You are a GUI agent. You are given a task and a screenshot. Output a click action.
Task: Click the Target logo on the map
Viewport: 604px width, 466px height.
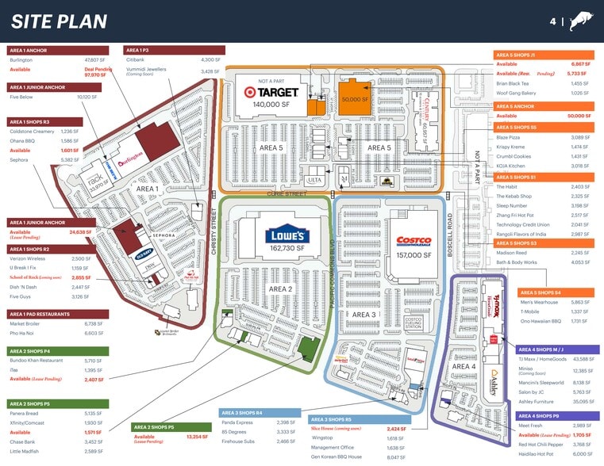(271, 92)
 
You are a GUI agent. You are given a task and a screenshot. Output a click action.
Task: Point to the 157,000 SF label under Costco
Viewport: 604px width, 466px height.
(413, 255)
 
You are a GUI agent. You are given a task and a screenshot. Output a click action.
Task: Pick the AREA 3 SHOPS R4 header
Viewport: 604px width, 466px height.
(263, 412)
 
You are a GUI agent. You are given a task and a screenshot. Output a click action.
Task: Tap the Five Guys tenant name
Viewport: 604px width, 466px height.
(21, 296)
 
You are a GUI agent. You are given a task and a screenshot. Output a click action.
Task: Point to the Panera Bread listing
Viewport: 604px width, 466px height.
(25, 413)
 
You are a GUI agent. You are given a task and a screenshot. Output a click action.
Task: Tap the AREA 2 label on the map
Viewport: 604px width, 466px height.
(281, 289)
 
